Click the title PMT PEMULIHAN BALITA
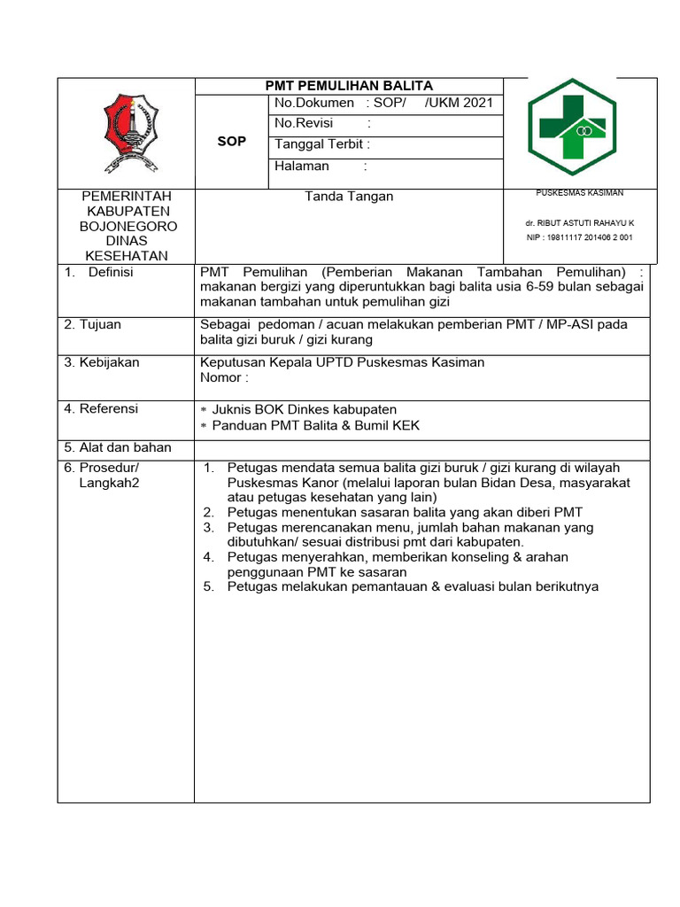(x=349, y=86)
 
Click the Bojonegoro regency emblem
(x=131, y=133)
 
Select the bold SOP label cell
(x=232, y=142)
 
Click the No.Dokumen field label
(x=314, y=104)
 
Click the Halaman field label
(x=302, y=167)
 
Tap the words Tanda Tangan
(x=349, y=197)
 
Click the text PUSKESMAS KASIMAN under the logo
(x=579, y=193)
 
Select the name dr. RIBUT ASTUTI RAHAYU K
(x=579, y=223)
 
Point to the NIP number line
(x=579, y=238)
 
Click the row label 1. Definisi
(x=98, y=273)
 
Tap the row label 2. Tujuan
(x=93, y=325)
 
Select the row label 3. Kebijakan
(x=102, y=363)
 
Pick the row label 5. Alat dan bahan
(x=118, y=447)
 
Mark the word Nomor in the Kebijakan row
(x=220, y=378)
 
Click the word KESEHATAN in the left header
(x=126, y=256)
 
